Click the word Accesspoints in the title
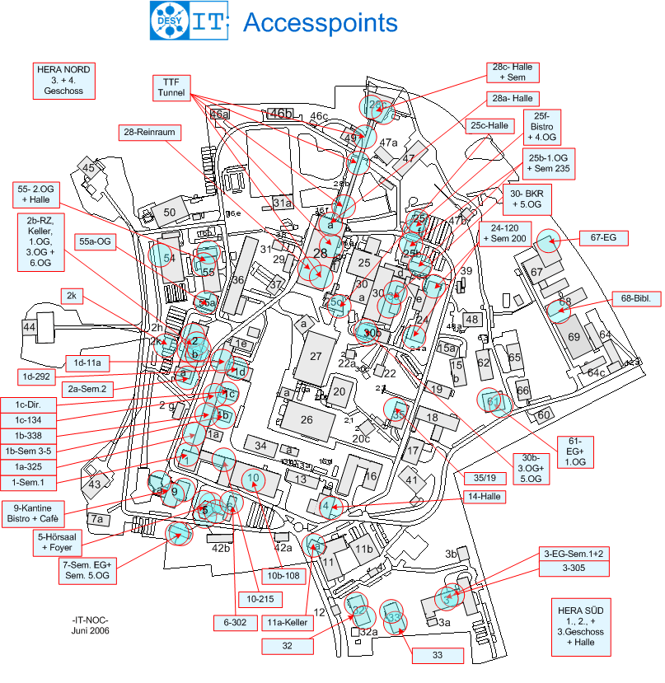(x=321, y=22)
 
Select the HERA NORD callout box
(x=64, y=80)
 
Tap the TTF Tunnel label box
(x=172, y=87)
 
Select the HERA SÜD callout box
(x=580, y=626)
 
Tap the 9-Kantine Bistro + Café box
(x=36, y=512)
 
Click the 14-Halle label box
(x=485, y=496)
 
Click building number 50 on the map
(x=170, y=212)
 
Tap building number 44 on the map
(x=30, y=327)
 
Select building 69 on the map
(x=574, y=337)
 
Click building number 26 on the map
(x=306, y=419)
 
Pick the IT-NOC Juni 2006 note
(x=91, y=625)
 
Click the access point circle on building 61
(x=492, y=401)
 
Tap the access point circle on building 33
(x=394, y=617)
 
